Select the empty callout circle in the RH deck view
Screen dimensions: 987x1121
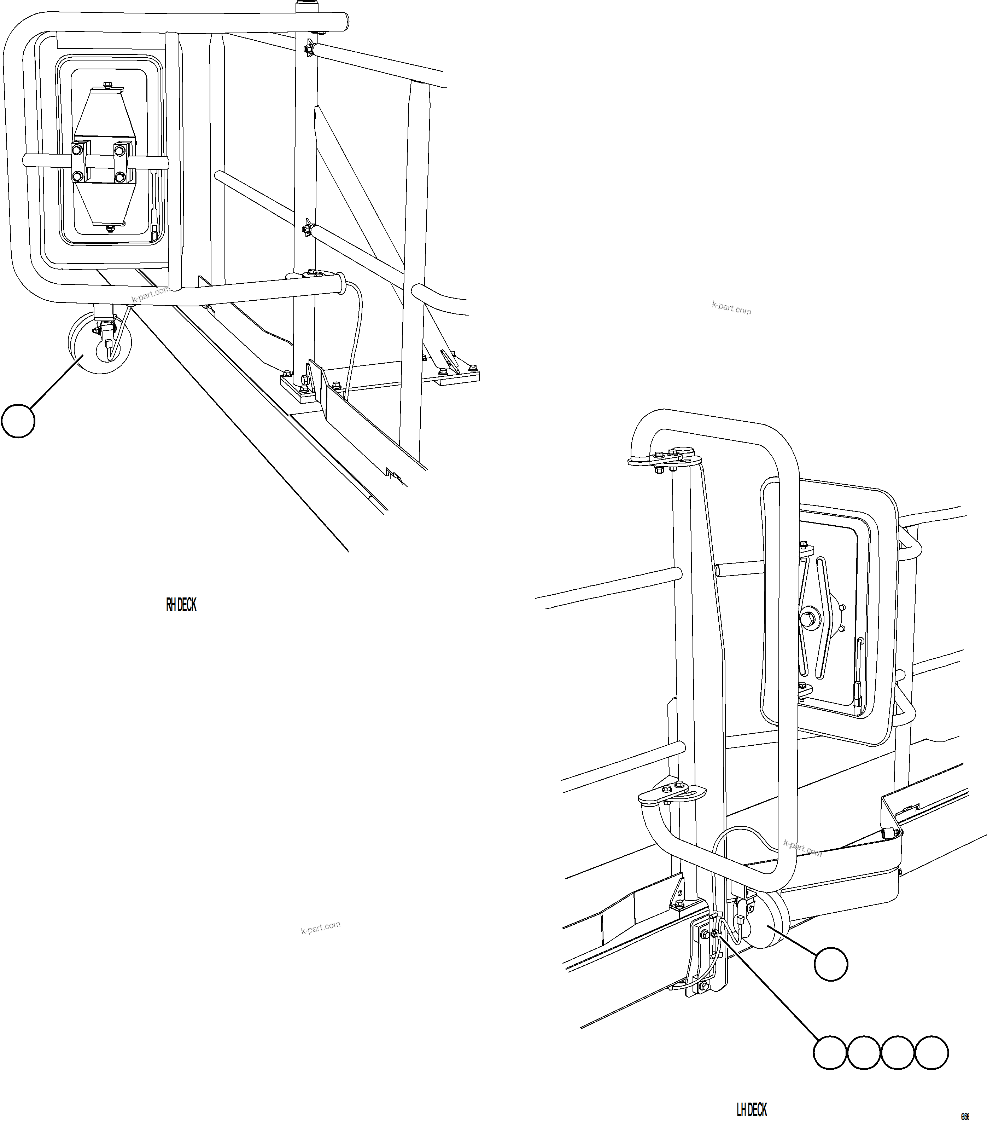pos(18,421)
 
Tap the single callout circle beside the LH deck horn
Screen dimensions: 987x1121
pos(831,964)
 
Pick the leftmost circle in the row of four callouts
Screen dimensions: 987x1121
pos(829,1052)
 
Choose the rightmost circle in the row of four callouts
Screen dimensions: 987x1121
pos(931,1052)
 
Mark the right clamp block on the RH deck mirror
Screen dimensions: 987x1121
pos(123,162)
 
